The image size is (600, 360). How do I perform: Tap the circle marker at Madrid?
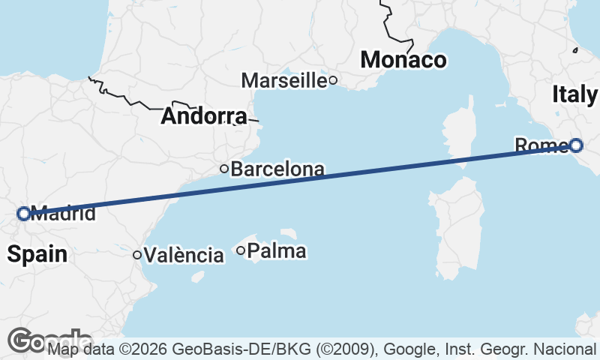tap(23, 213)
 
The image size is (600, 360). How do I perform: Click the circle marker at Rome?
tap(575, 145)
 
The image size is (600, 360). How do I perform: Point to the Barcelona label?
tap(277, 169)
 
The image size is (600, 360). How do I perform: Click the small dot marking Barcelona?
tap(223, 169)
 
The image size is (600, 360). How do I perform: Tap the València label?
tap(184, 256)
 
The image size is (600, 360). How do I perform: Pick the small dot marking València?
tap(137, 255)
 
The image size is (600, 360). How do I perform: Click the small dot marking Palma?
tap(241, 250)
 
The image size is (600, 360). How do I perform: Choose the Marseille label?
tap(284, 80)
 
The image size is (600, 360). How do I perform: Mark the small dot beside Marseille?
tap(333, 79)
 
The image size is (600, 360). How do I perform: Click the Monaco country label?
tap(403, 60)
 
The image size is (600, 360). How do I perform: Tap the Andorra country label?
tap(203, 116)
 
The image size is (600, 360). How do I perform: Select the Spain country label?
tap(37, 254)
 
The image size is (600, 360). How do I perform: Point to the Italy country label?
tap(574, 94)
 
